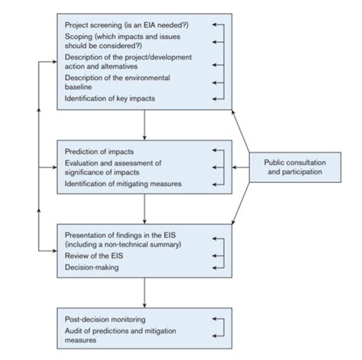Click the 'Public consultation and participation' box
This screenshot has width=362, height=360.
295,167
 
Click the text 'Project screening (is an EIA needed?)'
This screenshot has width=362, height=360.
127,25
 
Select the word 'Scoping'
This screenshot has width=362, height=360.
79,37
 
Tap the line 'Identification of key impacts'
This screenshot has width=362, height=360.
110,98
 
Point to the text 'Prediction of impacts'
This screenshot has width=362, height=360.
99,152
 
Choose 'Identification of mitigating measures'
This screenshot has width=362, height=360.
123,184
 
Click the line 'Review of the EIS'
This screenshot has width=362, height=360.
94,256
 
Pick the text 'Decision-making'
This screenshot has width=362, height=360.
92,267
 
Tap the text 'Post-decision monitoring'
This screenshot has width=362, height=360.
105,320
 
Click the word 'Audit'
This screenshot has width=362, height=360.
73,331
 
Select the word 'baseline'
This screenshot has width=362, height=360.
78,87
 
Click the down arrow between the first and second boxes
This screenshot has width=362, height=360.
144,125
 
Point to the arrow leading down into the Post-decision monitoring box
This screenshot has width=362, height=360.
144,293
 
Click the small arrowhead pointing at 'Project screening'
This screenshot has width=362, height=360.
214,24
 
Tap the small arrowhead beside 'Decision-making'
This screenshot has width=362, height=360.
214,268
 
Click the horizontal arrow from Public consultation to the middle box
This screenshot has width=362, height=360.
241,168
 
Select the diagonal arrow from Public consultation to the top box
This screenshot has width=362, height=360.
241,131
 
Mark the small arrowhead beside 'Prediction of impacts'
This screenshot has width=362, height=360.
214,150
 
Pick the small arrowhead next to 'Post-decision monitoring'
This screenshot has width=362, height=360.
214,319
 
